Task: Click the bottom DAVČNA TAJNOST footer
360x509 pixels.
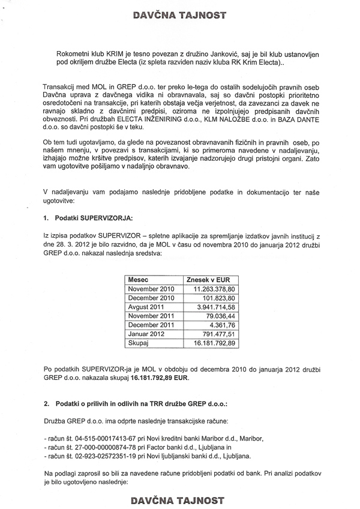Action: [180, 499]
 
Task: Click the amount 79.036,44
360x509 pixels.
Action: [220, 316]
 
